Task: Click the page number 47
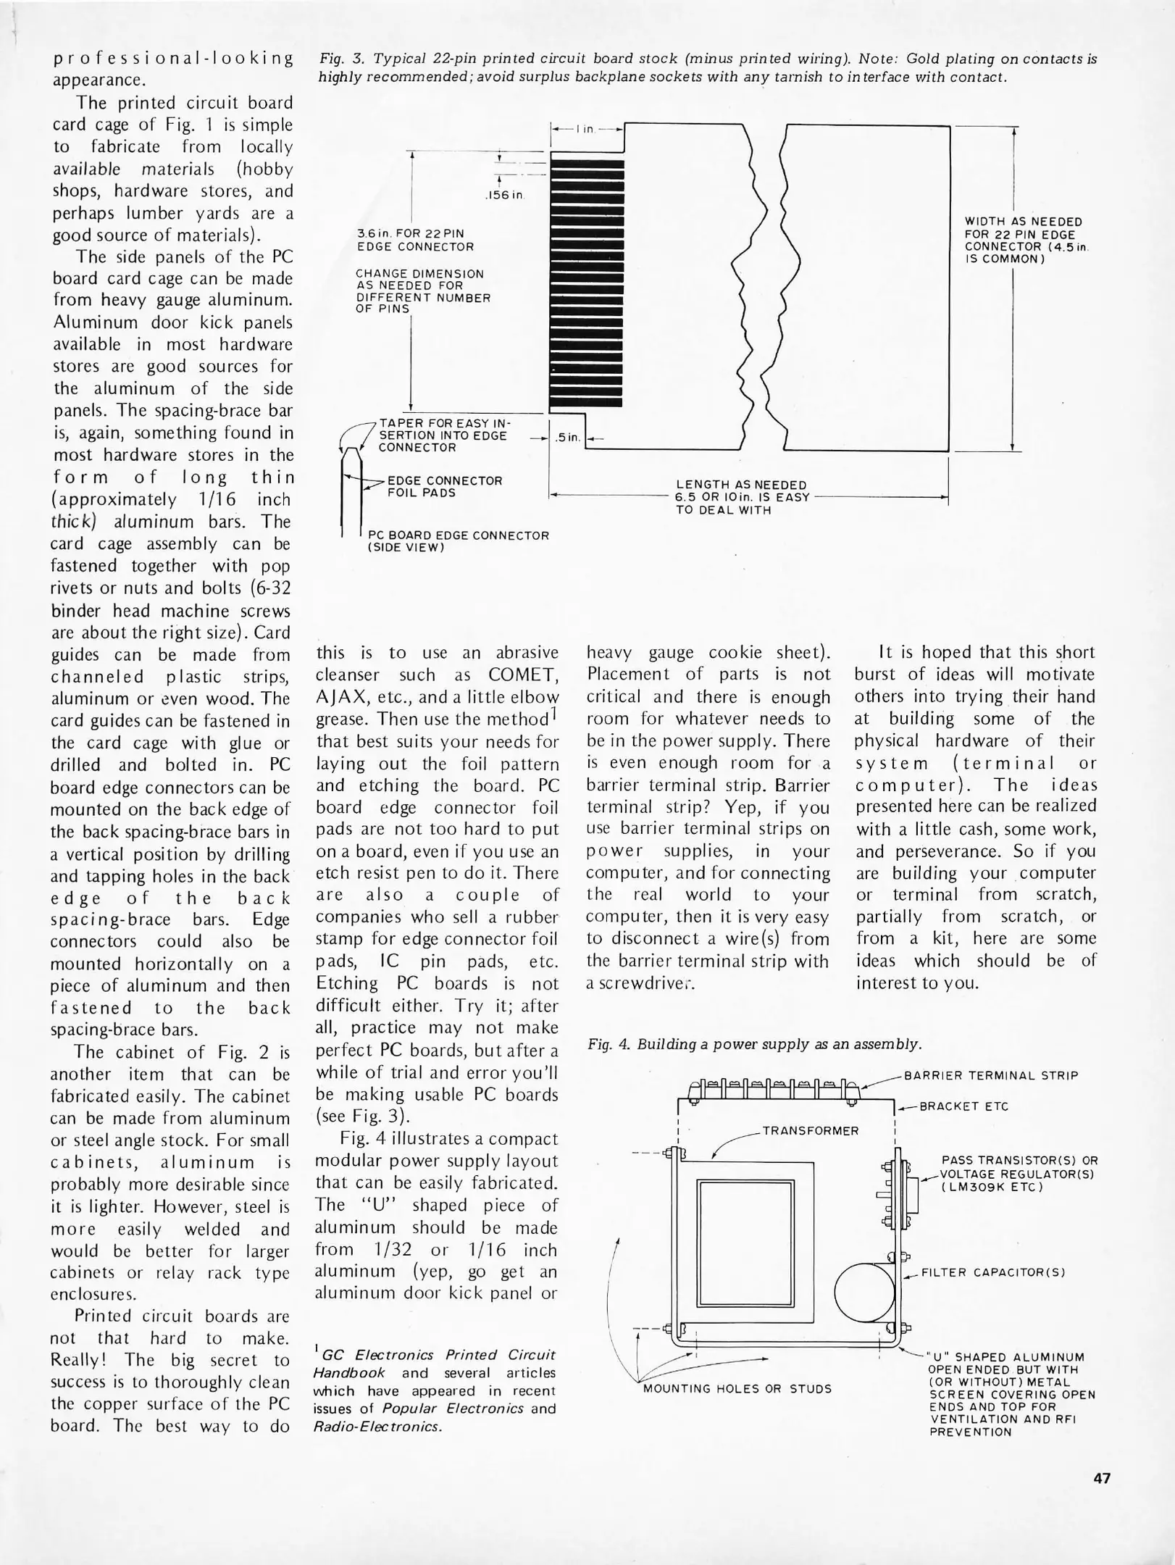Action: pos(1102,1479)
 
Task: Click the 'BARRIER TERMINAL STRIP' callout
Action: pos(991,1075)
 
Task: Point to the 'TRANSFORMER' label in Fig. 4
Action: pos(810,1131)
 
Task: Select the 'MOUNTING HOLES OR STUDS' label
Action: pos(737,1389)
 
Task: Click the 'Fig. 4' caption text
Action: pos(754,1044)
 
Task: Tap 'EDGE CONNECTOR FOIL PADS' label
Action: pos(445,486)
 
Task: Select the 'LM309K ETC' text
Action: pos(992,1187)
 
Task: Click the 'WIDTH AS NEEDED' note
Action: pos(1023,221)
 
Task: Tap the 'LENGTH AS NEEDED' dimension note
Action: pos(740,485)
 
